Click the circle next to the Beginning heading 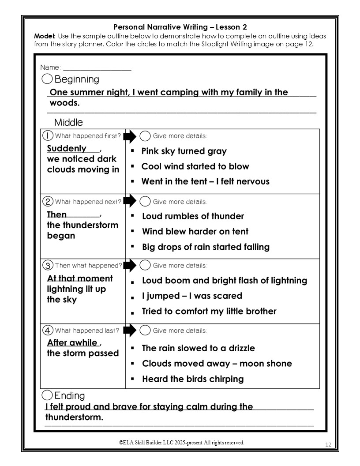pyautogui.click(x=47, y=79)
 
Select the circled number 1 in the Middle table pyautogui.click(x=48, y=136)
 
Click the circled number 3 pyautogui.click(x=48, y=266)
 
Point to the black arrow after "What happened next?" pyautogui.click(x=130, y=201)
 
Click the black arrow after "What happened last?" pyautogui.click(x=130, y=331)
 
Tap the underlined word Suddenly pyautogui.click(x=67, y=148)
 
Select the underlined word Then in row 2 pyautogui.click(x=57, y=214)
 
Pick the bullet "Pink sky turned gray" pyautogui.click(x=184, y=151)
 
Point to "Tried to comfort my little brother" pyautogui.click(x=209, y=311)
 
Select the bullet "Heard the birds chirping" pyautogui.click(x=193, y=379)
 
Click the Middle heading pyautogui.click(x=68, y=122)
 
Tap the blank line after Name pyautogui.click(x=97, y=69)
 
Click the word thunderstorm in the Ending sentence pyautogui.click(x=74, y=417)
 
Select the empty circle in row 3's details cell pyautogui.click(x=145, y=266)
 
